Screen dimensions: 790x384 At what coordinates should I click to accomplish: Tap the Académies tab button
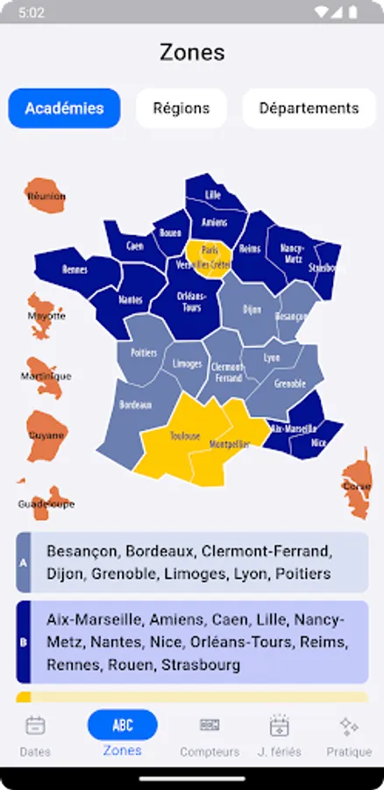[64, 109]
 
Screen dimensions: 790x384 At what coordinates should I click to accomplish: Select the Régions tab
[181, 109]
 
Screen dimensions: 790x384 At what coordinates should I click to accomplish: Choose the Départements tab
[309, 109]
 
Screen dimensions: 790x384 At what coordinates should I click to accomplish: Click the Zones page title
[192, 53]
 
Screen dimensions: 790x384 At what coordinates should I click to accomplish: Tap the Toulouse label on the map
[185, 436]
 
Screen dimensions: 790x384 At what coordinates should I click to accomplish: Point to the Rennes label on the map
[75, 270]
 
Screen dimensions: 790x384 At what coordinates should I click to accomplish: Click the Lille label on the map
[213, 195]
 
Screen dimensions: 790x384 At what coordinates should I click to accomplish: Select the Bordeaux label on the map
[136, 406]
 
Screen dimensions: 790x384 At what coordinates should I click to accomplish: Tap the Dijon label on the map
[252, 310]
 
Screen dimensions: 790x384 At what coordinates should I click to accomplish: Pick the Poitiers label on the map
[144, 353]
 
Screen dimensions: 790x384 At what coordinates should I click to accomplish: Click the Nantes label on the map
[130, 300]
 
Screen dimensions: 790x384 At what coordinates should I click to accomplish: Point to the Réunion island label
[46, 197]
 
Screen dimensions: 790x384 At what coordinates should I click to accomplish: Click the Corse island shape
[356, 484]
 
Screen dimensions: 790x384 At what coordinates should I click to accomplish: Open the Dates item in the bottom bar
[35, 736]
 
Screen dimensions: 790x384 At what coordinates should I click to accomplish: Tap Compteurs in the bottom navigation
[210, 736]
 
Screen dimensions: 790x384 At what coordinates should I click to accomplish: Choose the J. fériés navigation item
[279, 736]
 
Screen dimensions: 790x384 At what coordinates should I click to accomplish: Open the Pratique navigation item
[349, 736]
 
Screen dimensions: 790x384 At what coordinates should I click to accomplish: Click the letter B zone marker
[23, 642]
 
